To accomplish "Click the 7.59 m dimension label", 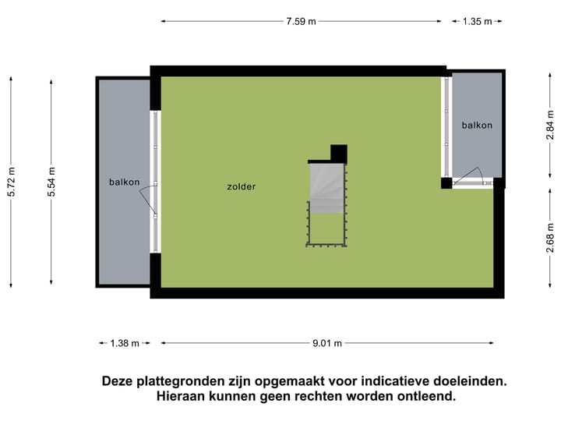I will [x=301, y=21].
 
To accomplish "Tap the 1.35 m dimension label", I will [x=478, y=21].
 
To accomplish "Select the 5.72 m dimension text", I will [x=11, y=182].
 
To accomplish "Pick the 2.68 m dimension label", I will [x=550, y=238].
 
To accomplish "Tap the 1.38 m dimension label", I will [x=124, y=343].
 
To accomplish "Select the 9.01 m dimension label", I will [x=327, y=343].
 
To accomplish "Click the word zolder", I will [x=242, y=187].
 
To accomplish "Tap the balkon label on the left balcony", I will [x=125, y=182].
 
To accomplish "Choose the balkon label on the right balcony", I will [x=477, y=126].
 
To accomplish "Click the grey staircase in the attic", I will [x=326, y=187].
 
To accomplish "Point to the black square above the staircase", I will [x=338, y=153].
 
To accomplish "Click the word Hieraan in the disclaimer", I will [x=181, y=396].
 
